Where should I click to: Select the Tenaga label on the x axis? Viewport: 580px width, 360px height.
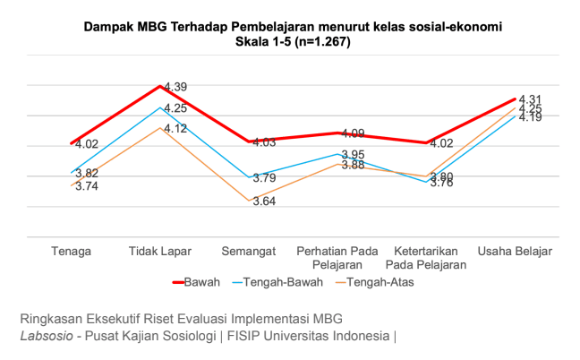72,251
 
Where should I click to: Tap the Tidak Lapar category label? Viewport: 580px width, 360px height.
160,251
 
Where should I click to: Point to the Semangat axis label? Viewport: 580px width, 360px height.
250,251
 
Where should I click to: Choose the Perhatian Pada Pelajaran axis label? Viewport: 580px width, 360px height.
337,258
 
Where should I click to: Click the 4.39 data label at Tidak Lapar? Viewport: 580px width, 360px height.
175,86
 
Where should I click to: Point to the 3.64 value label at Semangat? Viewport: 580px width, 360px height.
264,201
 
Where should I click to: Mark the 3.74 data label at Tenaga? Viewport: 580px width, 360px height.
87,186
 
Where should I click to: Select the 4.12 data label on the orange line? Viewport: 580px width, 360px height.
175,129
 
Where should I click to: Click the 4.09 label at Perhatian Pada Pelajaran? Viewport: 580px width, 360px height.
354,133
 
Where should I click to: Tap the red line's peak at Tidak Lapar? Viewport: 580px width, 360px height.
160,86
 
